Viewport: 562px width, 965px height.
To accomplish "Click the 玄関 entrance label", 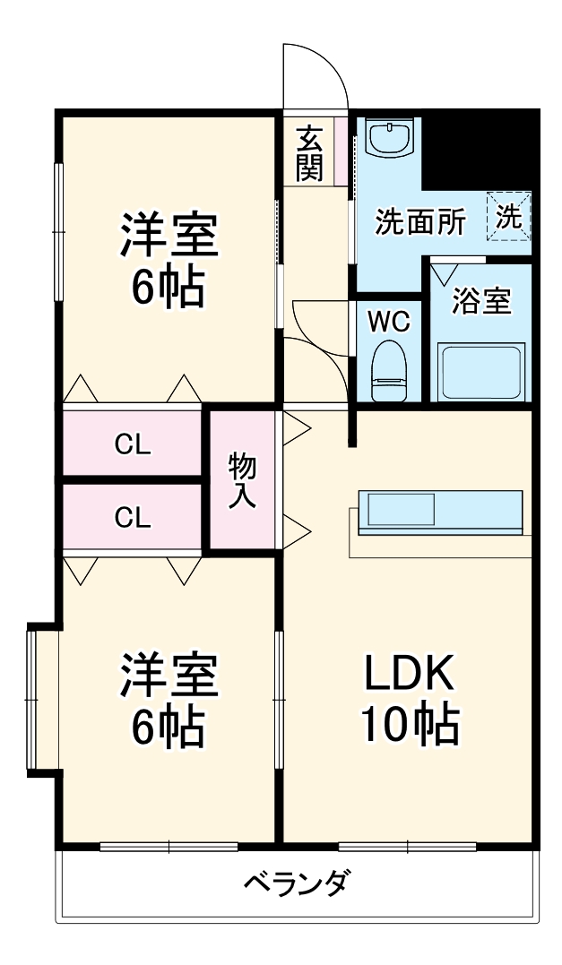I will click(x=310, y=153).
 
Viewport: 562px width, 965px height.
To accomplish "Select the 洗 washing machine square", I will click(x=510, y=217).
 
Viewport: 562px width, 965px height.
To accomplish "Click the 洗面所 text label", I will click(x=419, y=222).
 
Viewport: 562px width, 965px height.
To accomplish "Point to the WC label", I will click(x=389, y=321).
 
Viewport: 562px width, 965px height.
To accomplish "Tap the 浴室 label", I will click(x=481, y=301).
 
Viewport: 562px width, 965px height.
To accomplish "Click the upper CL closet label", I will click(x=132, y=444).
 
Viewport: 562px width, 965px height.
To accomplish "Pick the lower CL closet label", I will click(x=132, y=516).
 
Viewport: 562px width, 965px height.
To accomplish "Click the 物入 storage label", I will click(x=242, y=481).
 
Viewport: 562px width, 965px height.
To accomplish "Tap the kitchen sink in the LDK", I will click(x=402, y=511).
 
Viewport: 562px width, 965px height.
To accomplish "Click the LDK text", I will click(x=410, y=674).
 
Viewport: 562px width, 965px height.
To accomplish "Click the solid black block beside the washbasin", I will click(x=480, y=148).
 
